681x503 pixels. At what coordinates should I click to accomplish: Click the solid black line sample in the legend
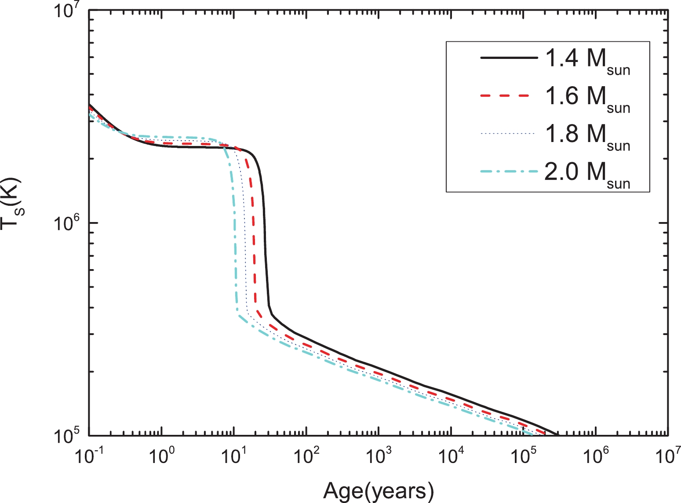[x=509, y=58]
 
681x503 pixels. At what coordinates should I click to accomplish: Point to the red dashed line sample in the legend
[x=509, y=96]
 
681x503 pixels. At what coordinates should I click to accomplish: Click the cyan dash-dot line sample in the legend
[x=509, y=171]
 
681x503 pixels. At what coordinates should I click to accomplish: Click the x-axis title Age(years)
[x=379, y=491]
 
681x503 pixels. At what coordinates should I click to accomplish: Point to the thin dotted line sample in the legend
[x=509, y=134]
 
